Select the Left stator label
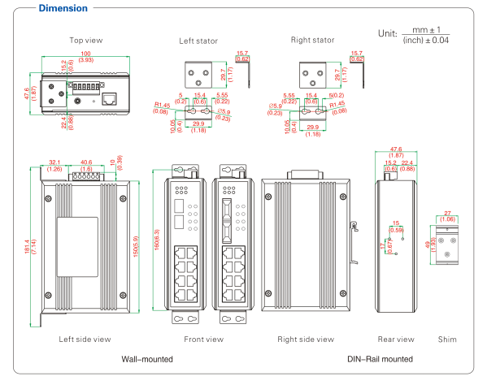pos(199,39)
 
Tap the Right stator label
pos(312,39)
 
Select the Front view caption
pos(204,339)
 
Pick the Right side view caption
pos(305,339)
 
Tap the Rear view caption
pos(396,339)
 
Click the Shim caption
pos(447,339)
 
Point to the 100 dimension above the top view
pos(85,54)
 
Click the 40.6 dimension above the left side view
pos(87,162)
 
